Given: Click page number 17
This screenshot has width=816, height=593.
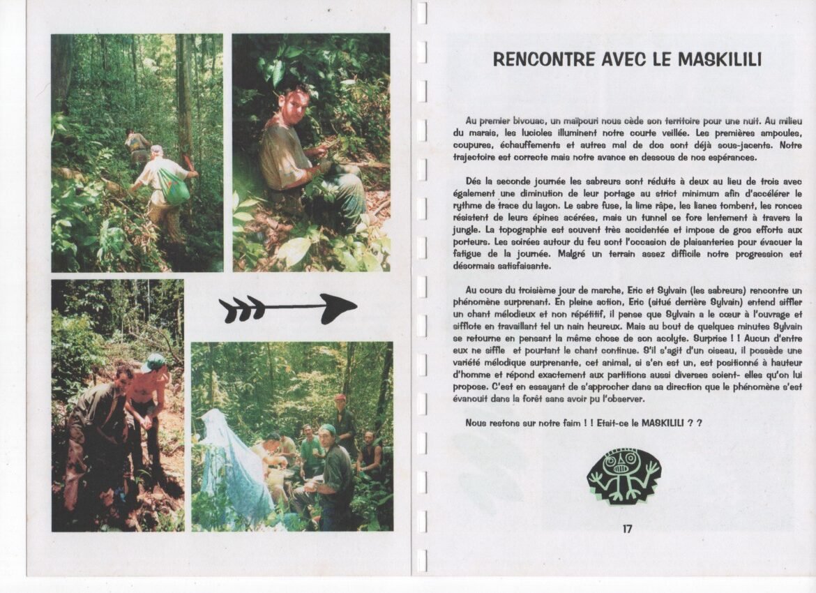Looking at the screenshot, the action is (x=627, y=529).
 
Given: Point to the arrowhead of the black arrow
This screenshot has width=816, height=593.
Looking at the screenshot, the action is (x=338, y=308).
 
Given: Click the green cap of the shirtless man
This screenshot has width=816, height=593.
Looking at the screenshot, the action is (x=156, y=361).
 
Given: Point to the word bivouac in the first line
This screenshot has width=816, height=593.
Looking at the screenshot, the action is (x=528, y=121).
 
